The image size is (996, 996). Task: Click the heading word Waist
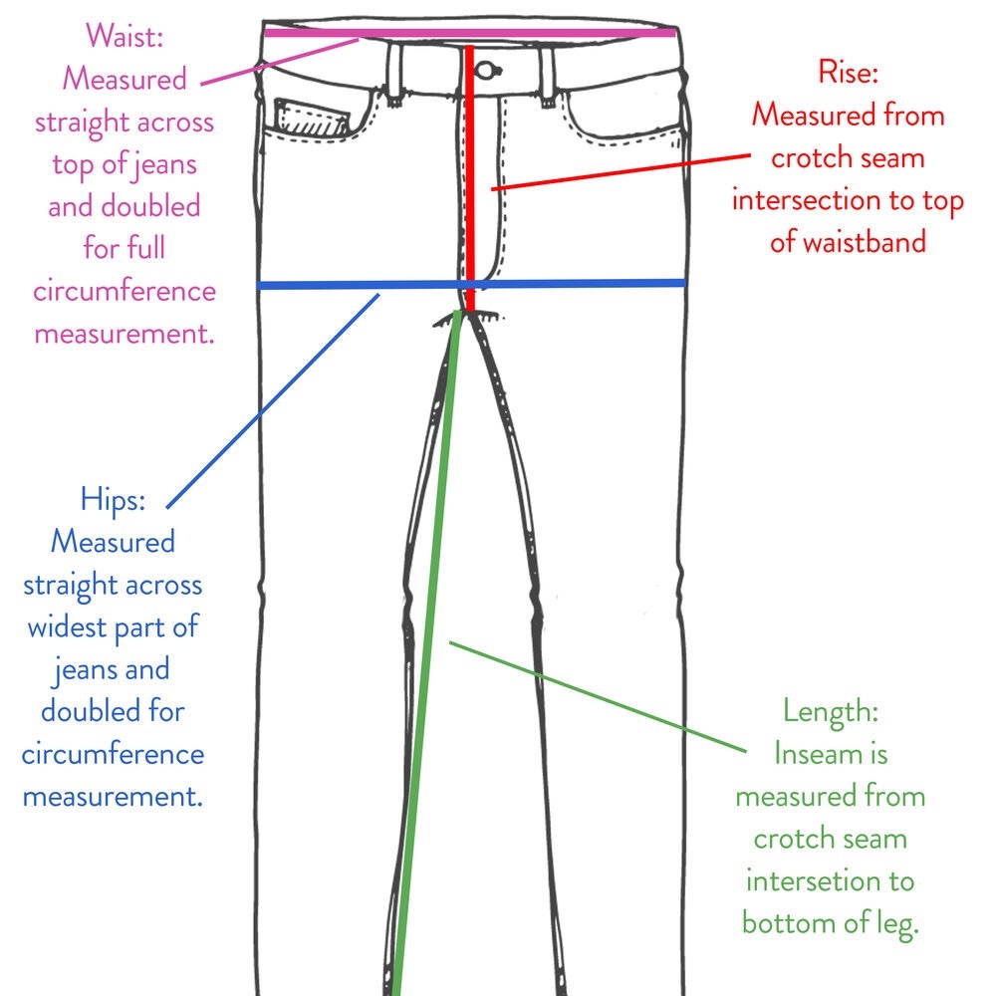(124, 36)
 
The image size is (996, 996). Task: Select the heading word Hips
(113, 500)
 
